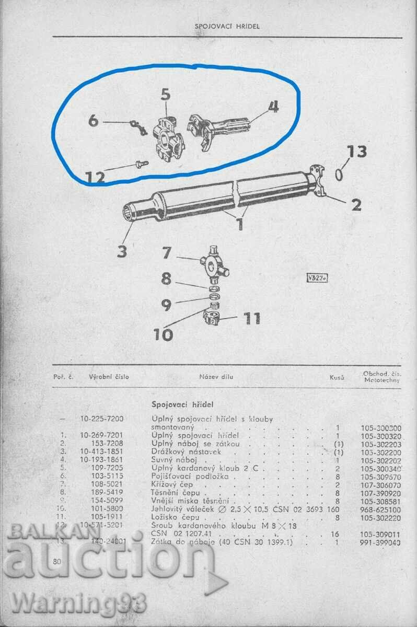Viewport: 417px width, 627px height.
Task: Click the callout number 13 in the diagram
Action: click(357, 152)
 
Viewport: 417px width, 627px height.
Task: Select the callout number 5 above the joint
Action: click(166, 95)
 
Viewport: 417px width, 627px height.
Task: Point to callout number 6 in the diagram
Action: click(93, 121)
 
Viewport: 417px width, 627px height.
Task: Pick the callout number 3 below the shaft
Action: click(122, 251)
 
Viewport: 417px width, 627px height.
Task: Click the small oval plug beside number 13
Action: click(339, 174)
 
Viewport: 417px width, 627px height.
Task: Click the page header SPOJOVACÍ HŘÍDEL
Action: click(227, 26)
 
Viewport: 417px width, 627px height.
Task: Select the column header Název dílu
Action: click(216, 376)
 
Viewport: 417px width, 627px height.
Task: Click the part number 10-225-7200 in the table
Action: click(105, 419)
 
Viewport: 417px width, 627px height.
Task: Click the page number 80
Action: click(58, 562)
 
